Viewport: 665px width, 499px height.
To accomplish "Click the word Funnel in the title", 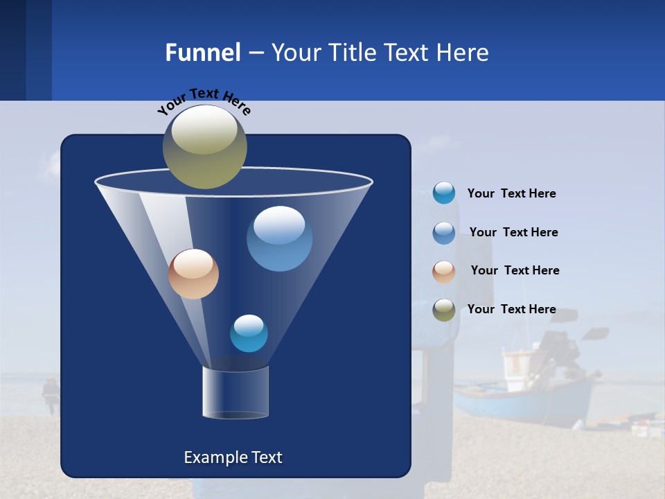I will tap(202, 53).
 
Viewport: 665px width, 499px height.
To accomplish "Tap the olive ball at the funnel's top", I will tap(204, 146).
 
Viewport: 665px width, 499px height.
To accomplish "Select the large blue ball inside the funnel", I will tap(279, 238).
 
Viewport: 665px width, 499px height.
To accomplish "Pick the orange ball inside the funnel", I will tap(193, 274).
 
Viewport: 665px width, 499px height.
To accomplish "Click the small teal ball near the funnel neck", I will tap(249, 333).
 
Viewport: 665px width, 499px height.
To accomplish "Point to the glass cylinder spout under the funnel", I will tap(236, 392).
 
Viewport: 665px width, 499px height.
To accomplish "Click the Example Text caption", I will tap(233, 457).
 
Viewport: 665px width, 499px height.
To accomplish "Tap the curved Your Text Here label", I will tap(204, 101).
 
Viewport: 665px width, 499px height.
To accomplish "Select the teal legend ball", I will tap(444, 193).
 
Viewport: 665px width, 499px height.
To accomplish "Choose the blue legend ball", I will tap(444, 232).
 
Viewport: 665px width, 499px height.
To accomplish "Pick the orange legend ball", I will tap(444, 271).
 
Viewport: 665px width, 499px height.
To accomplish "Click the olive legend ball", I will tap(444, 310).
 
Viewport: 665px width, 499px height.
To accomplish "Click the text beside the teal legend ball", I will tap(511, 193).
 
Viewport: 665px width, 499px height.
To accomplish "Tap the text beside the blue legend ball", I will tap(513, 232).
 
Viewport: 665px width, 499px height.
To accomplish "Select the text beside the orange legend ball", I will tap(515, 270).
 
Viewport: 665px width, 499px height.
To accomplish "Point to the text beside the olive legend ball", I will tap(511, 309).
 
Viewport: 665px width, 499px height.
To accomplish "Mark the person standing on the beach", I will tap(50, 395).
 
